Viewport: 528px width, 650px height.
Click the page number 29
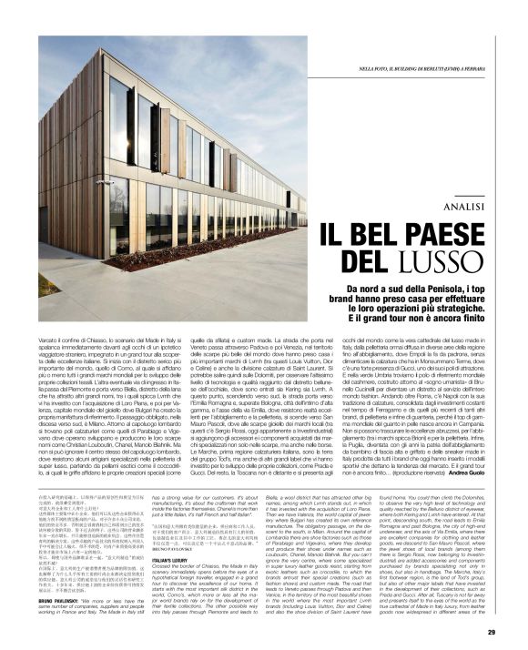tap(491, 631)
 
